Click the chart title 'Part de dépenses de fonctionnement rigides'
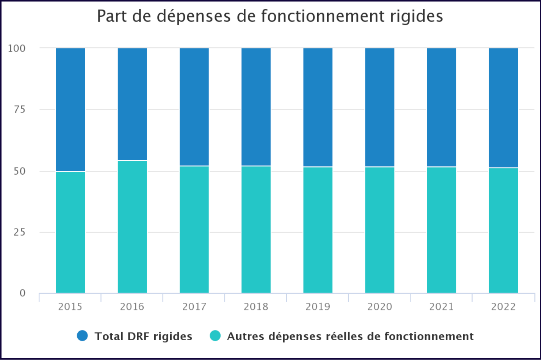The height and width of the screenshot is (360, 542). [270, 16]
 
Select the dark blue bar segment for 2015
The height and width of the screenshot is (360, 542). [70, 110]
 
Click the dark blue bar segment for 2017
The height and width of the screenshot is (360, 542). [194, 107]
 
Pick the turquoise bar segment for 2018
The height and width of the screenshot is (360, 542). [256, 229]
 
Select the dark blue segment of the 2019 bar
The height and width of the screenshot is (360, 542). [318, 107]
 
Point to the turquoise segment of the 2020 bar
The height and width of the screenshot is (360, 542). [380, 230]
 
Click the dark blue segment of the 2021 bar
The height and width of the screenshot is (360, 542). [442, 107]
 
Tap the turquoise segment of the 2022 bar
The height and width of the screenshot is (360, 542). [503, 230]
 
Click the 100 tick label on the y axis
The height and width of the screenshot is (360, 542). [17, 49]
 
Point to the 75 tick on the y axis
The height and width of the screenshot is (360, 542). [19, 110]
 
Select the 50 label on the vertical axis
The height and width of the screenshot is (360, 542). [19, 171]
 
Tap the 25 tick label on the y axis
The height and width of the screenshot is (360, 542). [19, 232]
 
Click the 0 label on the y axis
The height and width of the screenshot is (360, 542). [22, 293]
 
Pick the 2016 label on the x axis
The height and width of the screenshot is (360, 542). [132, 307]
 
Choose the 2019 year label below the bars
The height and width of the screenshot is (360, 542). [318, 307]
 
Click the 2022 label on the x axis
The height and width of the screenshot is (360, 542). [503, 307]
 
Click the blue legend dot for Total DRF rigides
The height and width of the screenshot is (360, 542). [82, 336]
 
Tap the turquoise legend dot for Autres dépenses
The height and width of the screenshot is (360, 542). [215, 336]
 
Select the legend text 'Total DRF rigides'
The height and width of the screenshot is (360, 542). [143, 337]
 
